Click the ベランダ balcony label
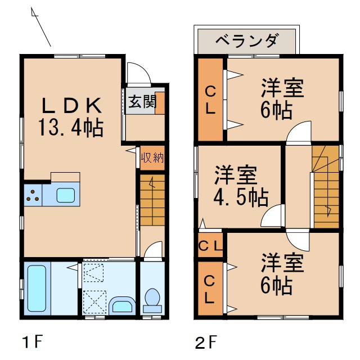click(x=247, y=40)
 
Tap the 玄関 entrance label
click(x=141, y=102)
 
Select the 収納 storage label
click(x=152, y=157)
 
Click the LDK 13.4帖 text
click(x=71, y=116)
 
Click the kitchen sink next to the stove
click(x=64, y=196)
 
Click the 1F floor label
click(x=32, y=341)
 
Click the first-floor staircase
click(x=152, y=199)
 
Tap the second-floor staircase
click(x=326, y=186)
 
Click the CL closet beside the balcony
click(x=210, y=100)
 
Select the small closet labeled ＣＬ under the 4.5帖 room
click(x=210, y=245)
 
